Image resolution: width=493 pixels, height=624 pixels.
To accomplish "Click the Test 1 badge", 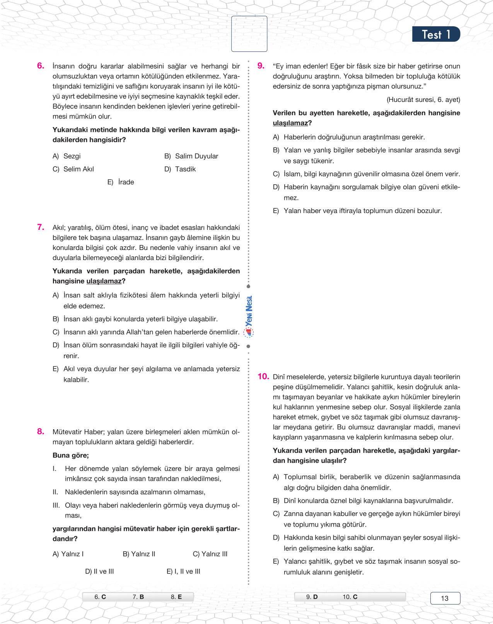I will pyautogui.click(x=436, y=34).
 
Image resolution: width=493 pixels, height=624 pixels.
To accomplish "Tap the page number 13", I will pyautogui.click(x=445, y=598).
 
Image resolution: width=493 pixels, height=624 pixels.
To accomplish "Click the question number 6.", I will pyautogui.click(x=41, y=66).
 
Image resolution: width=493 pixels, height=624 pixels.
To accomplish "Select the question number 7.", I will pyautogui.click(x=41, y=227).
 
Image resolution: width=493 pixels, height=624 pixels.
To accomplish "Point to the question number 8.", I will pyautogui.click(x=41, y=432).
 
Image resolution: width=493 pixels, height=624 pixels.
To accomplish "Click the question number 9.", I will pyautogui.click(x=261, y=66).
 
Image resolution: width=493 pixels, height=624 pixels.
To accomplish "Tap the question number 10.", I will pyautogui.click(x=263, y=376).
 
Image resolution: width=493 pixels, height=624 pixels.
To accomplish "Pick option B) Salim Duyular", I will pyautogui.click(x=191, y=156).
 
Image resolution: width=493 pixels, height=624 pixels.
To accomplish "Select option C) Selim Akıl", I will pyautogui.click(x=73, y=169).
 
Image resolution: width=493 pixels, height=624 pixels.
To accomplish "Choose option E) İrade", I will pyautogui.click(x=121, y=182).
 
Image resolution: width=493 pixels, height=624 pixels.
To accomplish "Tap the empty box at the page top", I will pyautogui.click(x=249, y=34).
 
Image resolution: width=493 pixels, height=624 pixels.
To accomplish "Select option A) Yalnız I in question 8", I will pyautogui.click(x=68, y=554).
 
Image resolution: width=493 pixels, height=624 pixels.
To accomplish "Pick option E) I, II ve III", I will pyautogui.click(x=183, y=571).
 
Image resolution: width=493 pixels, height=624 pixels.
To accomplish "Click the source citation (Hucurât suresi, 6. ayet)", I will pyautogui.click(x=423, y=100).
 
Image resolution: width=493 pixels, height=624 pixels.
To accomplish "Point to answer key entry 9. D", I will pyautogui.click(x=312, y=597).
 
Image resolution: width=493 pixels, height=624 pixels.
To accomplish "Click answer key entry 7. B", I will pyautogui.click(x=138, y=597).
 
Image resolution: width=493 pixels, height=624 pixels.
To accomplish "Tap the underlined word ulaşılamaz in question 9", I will pyautogui.click(x=290, y=123).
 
